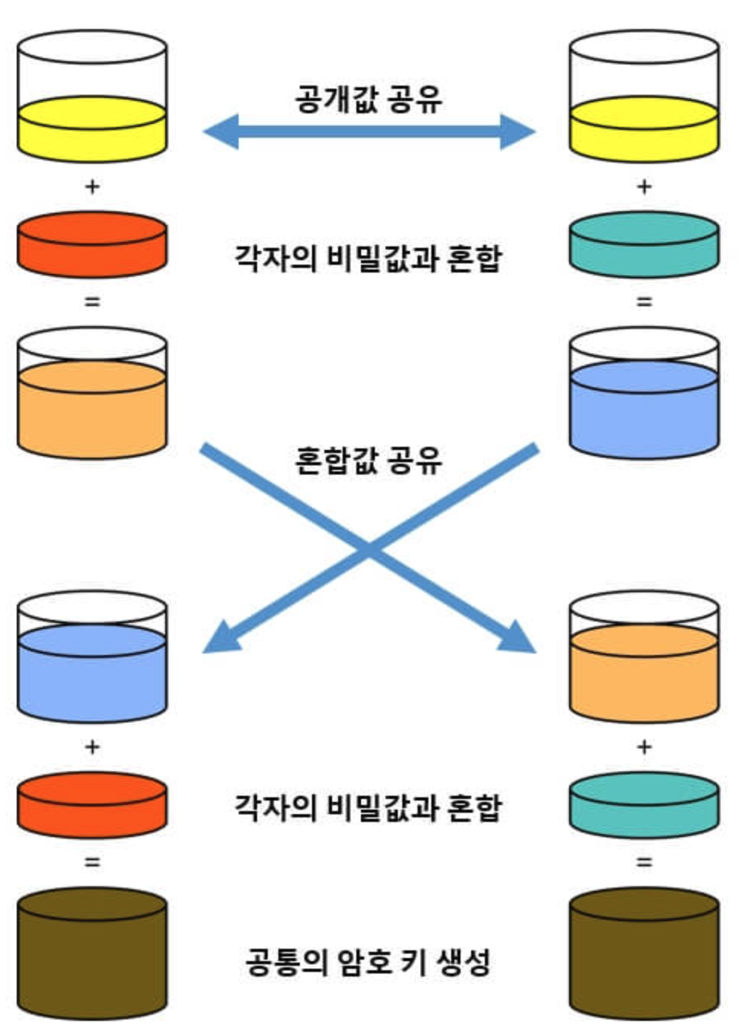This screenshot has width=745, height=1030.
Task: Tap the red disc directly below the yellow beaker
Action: click(x=92, y=243)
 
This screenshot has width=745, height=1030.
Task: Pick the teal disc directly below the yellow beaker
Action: click(x=643, y=243)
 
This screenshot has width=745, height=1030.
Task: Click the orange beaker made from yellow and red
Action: click(x=92, y=394)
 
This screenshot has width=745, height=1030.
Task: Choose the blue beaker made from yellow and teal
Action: click(x=643, y=394)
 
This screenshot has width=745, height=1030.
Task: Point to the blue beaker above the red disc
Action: click(x=92, y=658)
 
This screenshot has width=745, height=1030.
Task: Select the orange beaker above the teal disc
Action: click(x=643, y=658)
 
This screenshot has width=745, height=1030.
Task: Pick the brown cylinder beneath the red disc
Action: click(x=92, y=953)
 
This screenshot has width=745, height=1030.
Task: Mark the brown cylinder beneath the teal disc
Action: click(x=643, y=953)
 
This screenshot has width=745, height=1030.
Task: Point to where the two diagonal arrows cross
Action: click(x=369, y=548)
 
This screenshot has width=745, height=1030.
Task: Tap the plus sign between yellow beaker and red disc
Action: click(x=92, y=187)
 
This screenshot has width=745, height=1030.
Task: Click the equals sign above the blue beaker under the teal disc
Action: click(x=644, y=302)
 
